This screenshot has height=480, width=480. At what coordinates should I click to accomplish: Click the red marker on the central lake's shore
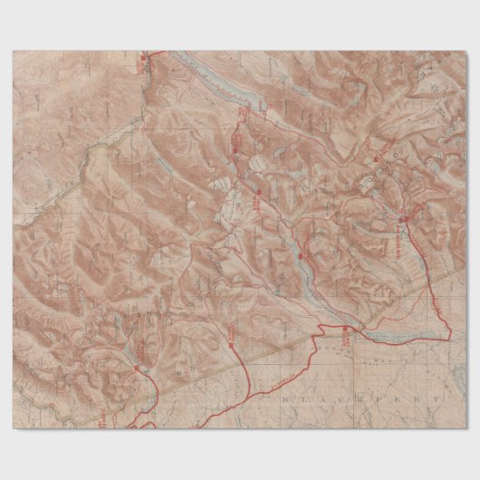coord(300,258)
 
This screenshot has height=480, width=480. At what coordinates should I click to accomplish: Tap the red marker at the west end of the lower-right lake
coord(344,329)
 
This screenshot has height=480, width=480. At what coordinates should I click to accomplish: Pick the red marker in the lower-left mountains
coord(137,369)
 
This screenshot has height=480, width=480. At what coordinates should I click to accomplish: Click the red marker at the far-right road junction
coord(404,218)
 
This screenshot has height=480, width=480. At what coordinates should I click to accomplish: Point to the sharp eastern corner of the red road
coord(449,337)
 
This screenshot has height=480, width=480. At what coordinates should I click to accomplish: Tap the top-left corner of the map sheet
coord(14,52)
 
